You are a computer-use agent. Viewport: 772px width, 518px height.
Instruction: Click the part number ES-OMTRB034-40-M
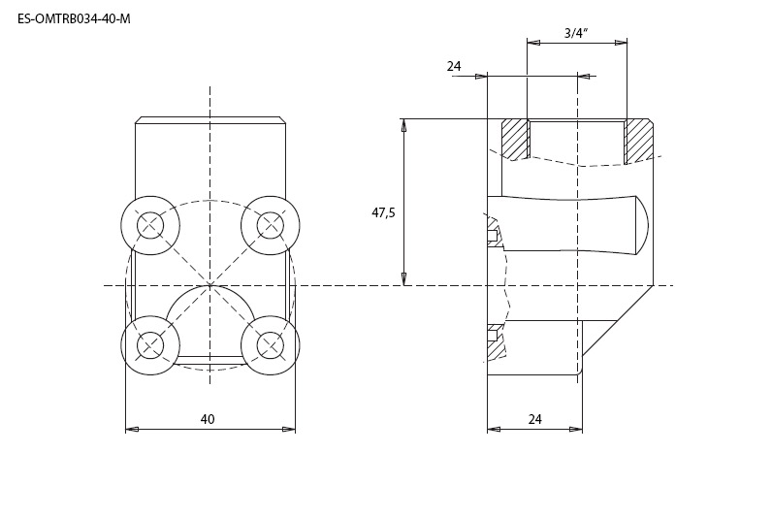[74, 19]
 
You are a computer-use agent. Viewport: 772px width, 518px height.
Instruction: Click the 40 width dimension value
[208, 419]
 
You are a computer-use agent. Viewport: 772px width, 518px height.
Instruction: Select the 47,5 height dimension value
[383, 213]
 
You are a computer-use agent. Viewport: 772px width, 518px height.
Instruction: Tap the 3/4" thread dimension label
[576, 33]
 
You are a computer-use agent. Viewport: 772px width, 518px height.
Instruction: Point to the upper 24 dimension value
[454, 66]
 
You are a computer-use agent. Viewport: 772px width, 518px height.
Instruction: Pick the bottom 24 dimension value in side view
[534, 419]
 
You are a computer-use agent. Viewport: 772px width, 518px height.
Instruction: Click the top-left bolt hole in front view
[150, 225]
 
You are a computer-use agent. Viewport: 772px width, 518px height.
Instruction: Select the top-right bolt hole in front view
[271, 225]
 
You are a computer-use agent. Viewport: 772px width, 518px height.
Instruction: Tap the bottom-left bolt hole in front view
[150, 345]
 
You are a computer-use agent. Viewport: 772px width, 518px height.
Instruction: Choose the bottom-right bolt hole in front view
[271, 345]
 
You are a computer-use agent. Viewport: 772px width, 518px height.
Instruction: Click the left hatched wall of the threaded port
[515, 140]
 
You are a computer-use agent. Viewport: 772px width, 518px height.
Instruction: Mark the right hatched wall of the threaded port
[639, 141]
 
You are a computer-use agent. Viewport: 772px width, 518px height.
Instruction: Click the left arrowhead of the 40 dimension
[132, 430]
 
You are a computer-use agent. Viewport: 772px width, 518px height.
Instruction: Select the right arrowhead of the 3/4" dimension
[622, 43]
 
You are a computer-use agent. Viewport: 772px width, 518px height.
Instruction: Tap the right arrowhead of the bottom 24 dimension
[576, 430]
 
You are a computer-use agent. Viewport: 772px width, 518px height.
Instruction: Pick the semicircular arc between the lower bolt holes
[210, 297]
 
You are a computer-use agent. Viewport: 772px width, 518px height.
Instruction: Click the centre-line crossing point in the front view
[210, 285]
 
